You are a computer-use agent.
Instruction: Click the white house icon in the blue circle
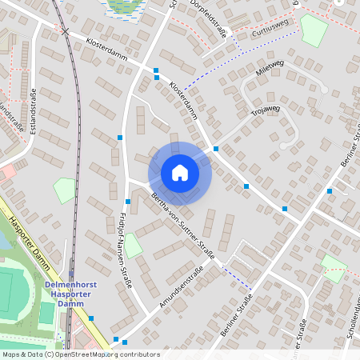coord(179,173)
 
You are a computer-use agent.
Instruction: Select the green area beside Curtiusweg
coord(314,30)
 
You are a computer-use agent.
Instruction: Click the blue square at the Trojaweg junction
coord(216,149)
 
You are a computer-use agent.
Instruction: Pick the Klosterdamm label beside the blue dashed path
coord(185,100)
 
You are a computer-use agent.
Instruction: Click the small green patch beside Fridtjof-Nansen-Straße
coord(133,246)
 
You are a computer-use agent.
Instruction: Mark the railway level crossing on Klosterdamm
coord(64,30)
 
